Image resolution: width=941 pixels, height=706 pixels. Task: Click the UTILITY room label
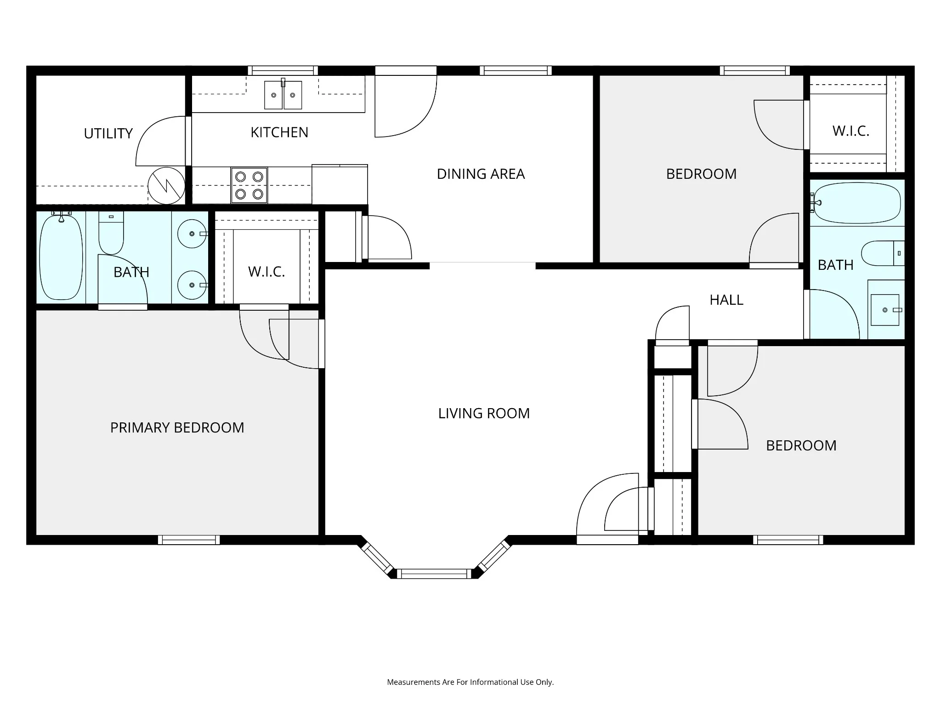108,134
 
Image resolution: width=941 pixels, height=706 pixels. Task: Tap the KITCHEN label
279,132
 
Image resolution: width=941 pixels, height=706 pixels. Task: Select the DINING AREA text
481,174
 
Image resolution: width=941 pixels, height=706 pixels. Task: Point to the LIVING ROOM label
484,413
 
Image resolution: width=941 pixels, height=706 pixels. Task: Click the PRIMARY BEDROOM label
177,427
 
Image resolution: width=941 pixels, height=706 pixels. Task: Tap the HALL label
726,300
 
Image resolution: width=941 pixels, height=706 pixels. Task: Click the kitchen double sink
283,94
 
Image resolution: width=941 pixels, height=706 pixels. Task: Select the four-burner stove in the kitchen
249,185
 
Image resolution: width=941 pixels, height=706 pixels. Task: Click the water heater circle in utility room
166,186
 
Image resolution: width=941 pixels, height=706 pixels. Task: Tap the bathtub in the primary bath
61,257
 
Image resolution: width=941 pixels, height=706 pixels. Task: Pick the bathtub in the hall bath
857,203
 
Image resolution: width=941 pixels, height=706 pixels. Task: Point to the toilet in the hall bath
883,253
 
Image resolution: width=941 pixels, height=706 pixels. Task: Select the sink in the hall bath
885,310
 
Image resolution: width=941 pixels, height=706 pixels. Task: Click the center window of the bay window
434,574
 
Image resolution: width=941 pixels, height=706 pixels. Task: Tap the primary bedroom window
189,540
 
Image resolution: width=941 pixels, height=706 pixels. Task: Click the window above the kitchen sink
283,71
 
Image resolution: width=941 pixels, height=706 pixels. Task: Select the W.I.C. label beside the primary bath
266,272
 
